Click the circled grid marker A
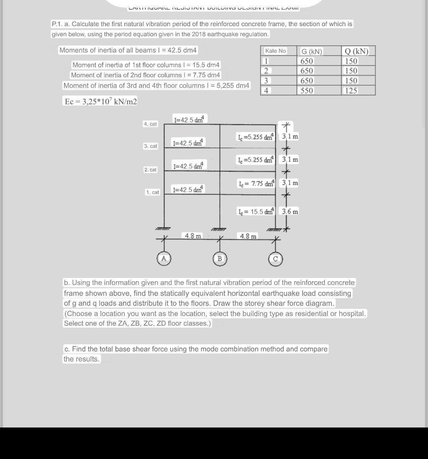point(164,259)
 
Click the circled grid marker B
point(220,259)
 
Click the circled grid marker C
point(275,259)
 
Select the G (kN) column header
point(311,51)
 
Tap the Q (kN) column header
point(357,51)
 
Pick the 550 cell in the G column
point(307,91)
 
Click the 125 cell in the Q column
point(351,91)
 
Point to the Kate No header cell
point(275,51)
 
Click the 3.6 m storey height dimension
point(290,211)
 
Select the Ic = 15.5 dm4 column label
point(256,211)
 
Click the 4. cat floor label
point(150,124)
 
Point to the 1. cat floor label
point(153,192)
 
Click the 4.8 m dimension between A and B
point(193,236)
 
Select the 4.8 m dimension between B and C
point(248,236)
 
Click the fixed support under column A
point(163,229)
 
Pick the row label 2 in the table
point(266,71)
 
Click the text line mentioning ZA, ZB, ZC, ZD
point(137,323)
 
